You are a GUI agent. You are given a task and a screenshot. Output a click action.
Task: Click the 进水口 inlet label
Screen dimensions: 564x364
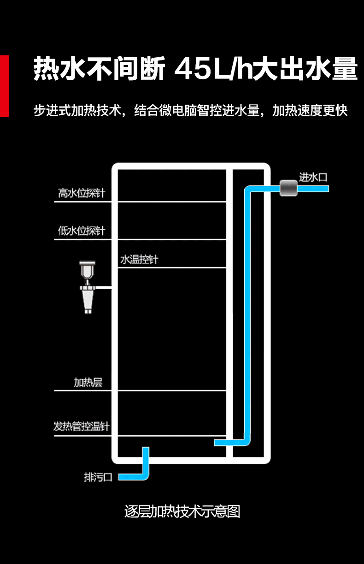pyautogui.click(x=313, y=177)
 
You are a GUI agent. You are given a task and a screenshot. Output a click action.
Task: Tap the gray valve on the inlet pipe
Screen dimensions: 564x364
pyautogui.click(x=288, y=188)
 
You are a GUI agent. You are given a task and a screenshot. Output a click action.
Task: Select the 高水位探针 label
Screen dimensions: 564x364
pyautogui.click(x=82, y=193)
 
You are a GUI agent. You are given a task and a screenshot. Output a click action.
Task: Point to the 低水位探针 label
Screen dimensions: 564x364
pyautogui.click(x=82, y=231)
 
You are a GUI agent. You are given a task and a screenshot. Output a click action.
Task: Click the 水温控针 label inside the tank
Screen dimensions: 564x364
pyautogui.click(x=139, y=260)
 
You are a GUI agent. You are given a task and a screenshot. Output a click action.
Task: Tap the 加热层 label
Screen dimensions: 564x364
pyautogui.click(x=88, y=382)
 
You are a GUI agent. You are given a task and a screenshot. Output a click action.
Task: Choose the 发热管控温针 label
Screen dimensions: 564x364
pyautogui.click(x=82, y=427)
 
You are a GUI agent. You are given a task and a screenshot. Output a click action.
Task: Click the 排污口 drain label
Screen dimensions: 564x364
pyautogui.click(x=98, y=477)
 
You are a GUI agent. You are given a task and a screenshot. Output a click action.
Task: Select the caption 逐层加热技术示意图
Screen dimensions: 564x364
pyautogui.click(x=182, y=511)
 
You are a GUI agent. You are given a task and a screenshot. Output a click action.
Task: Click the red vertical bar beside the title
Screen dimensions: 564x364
pyautogui.click(x=4, y=86)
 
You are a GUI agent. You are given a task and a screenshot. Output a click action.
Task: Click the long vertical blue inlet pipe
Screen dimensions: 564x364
pyautogui.click(x=247, y=314)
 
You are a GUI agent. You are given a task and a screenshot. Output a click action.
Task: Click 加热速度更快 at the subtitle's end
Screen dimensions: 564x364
pyautogui.click(x=310, y=111)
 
